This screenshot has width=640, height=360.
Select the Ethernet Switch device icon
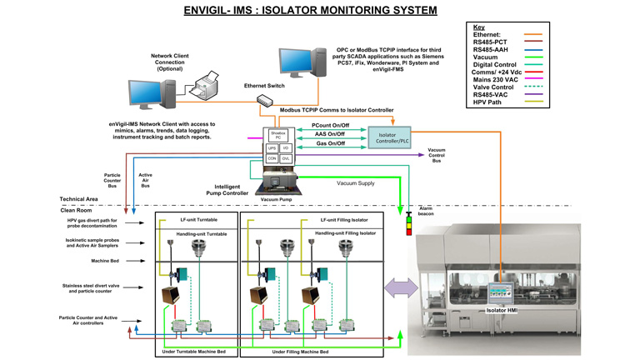[x=265, y=101]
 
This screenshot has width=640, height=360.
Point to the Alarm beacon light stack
[x=409, y=223]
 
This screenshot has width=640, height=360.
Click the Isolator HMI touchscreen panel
[x=500, y=291]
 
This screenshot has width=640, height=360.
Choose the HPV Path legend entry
[x=489, y=102]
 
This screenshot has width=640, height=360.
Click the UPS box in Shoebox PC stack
[x=272, y=148]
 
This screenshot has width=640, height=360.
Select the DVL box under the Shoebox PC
[x=286, y=158]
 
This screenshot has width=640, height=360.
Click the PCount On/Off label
[x=331, y=125]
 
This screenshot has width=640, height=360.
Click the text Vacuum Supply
[x=356, y=183]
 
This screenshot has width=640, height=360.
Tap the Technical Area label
[x=79, y=200]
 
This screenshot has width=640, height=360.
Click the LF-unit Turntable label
[x=197, y=219]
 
